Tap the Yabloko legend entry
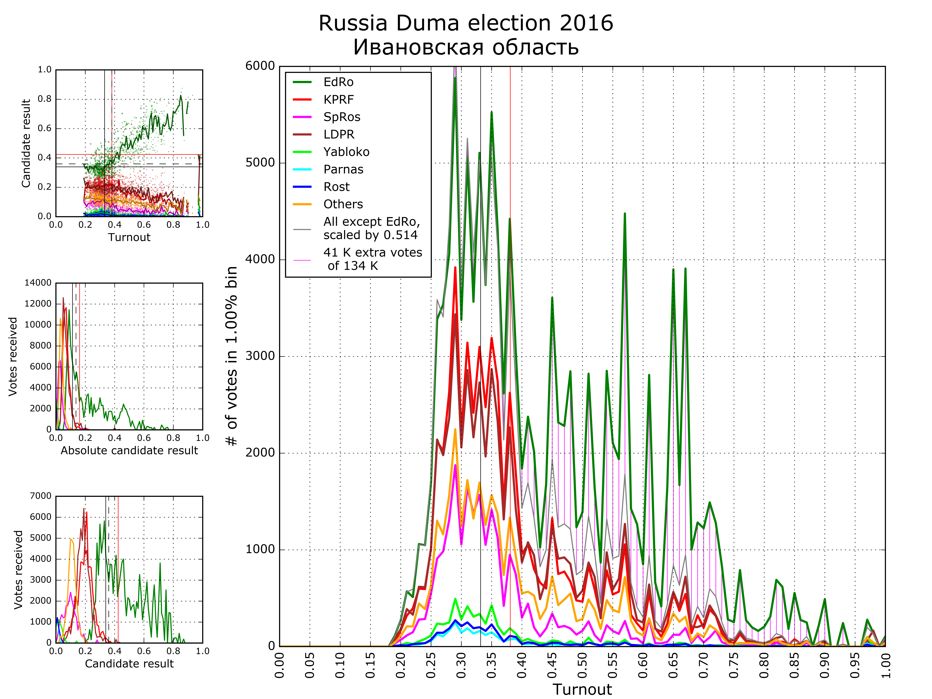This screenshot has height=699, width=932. (x=346, y=152)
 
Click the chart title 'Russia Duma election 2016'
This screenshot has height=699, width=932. (x=466, y=23)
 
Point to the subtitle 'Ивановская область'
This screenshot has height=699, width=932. (x=466, y=47)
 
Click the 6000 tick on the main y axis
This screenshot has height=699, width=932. (x=260, y=66)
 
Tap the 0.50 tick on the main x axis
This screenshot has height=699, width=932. (x=582, y=665)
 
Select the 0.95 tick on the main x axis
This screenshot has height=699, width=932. (x=855, y=665)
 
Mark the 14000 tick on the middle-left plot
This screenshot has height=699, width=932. (x=38, y=283)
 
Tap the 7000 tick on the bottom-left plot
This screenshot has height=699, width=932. (x=40, y=496)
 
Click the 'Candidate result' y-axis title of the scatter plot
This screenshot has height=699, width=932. (x=26, y=143)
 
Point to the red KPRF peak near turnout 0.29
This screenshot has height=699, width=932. (x=455, y=268)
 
